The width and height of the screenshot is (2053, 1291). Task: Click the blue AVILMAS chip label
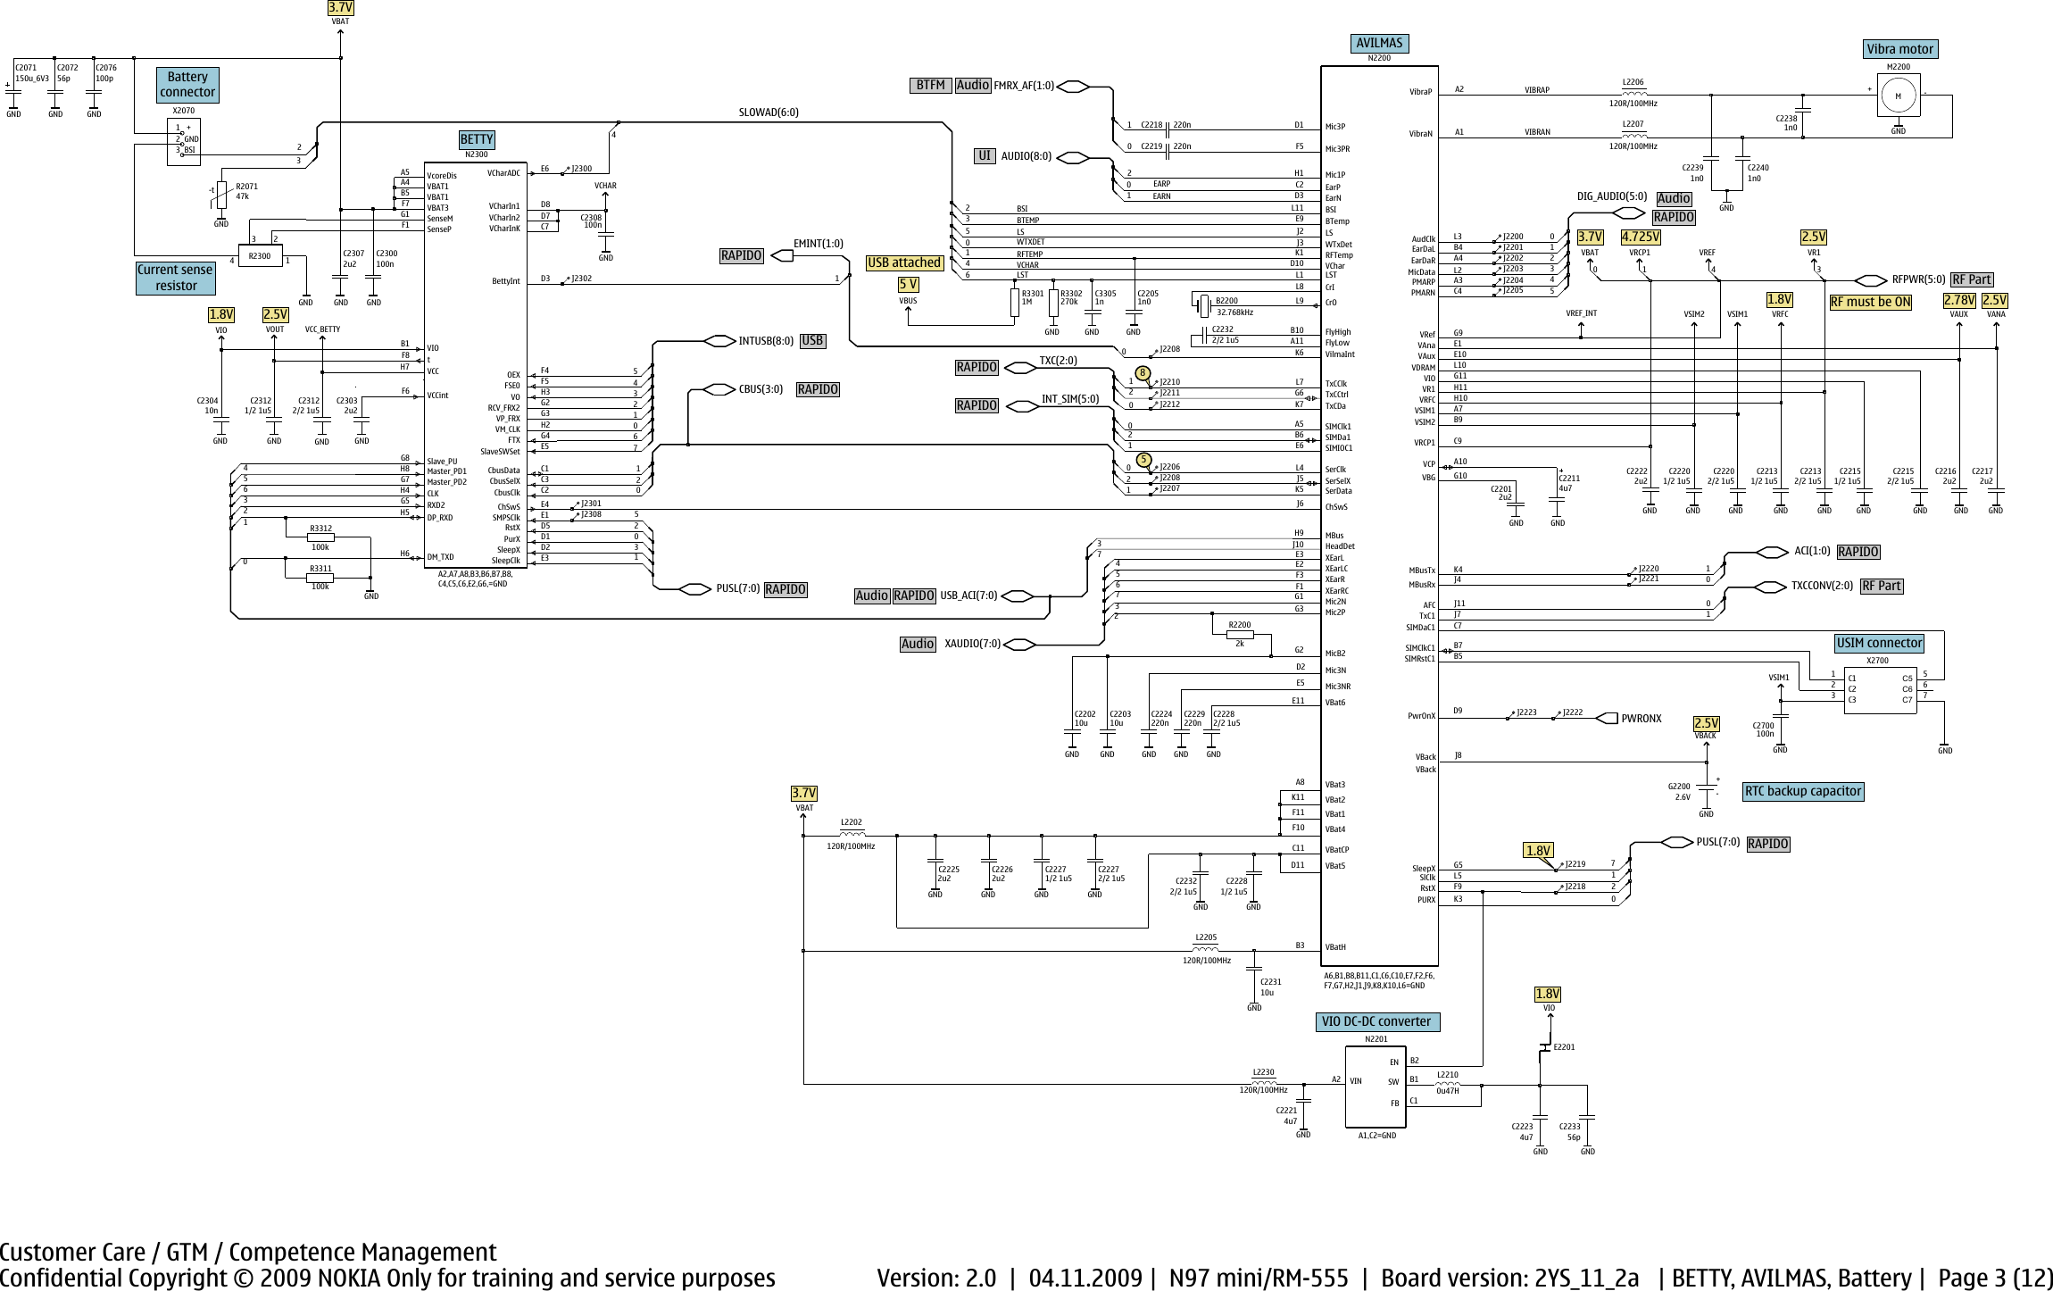point(1379,43)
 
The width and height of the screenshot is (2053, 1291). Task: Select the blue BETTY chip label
point(477,139)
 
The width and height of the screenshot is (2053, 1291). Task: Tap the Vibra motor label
point(1899,49)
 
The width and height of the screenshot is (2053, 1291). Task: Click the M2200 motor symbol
point(1898,96)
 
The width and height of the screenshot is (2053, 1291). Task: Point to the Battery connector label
point(187,85)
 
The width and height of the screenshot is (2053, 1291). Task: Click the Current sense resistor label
point(175,278)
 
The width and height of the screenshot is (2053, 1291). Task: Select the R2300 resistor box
point(259,256)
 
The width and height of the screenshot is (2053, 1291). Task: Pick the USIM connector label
point(1879,643)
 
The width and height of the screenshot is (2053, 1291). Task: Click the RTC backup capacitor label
point(1802,791)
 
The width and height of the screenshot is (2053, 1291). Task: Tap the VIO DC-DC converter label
point(1378,1021)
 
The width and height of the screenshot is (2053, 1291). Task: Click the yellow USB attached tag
point(903,262)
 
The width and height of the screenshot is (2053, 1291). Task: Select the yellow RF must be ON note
point(1870,302)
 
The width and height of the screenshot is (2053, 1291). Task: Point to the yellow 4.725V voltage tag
point(1641,237)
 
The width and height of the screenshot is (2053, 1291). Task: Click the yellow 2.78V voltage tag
point(1958,301)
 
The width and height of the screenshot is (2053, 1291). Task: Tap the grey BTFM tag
point(930,85)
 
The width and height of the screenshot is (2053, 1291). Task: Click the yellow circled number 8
point(1143,372)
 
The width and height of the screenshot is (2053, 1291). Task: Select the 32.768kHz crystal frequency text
point(1234,312)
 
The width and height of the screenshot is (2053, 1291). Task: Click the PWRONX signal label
point(1641,719)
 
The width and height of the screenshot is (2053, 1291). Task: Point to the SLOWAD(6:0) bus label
point(769,112)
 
